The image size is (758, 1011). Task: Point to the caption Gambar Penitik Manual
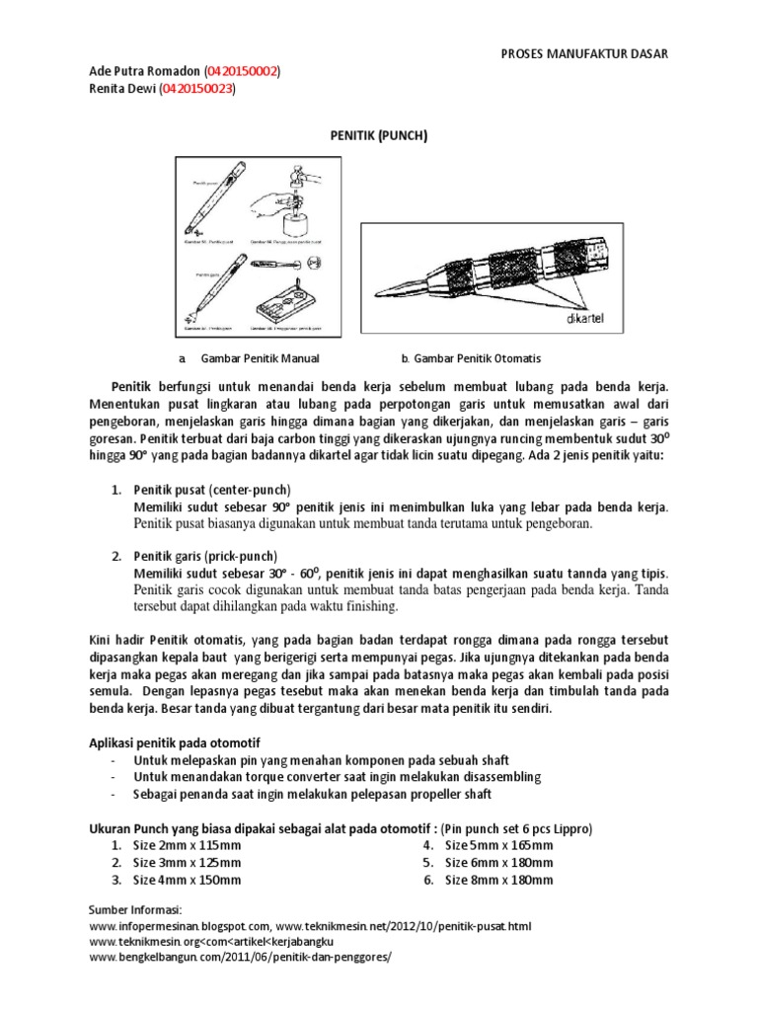tap(260, 358)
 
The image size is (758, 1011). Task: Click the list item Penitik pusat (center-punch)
tap(212, 490)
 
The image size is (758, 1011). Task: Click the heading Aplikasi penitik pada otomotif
tap(168, 741)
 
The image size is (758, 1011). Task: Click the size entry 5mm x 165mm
tap(499, 845)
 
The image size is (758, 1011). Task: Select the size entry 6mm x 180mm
tap(499, 863)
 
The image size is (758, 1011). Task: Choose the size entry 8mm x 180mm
tap(499, 880)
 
